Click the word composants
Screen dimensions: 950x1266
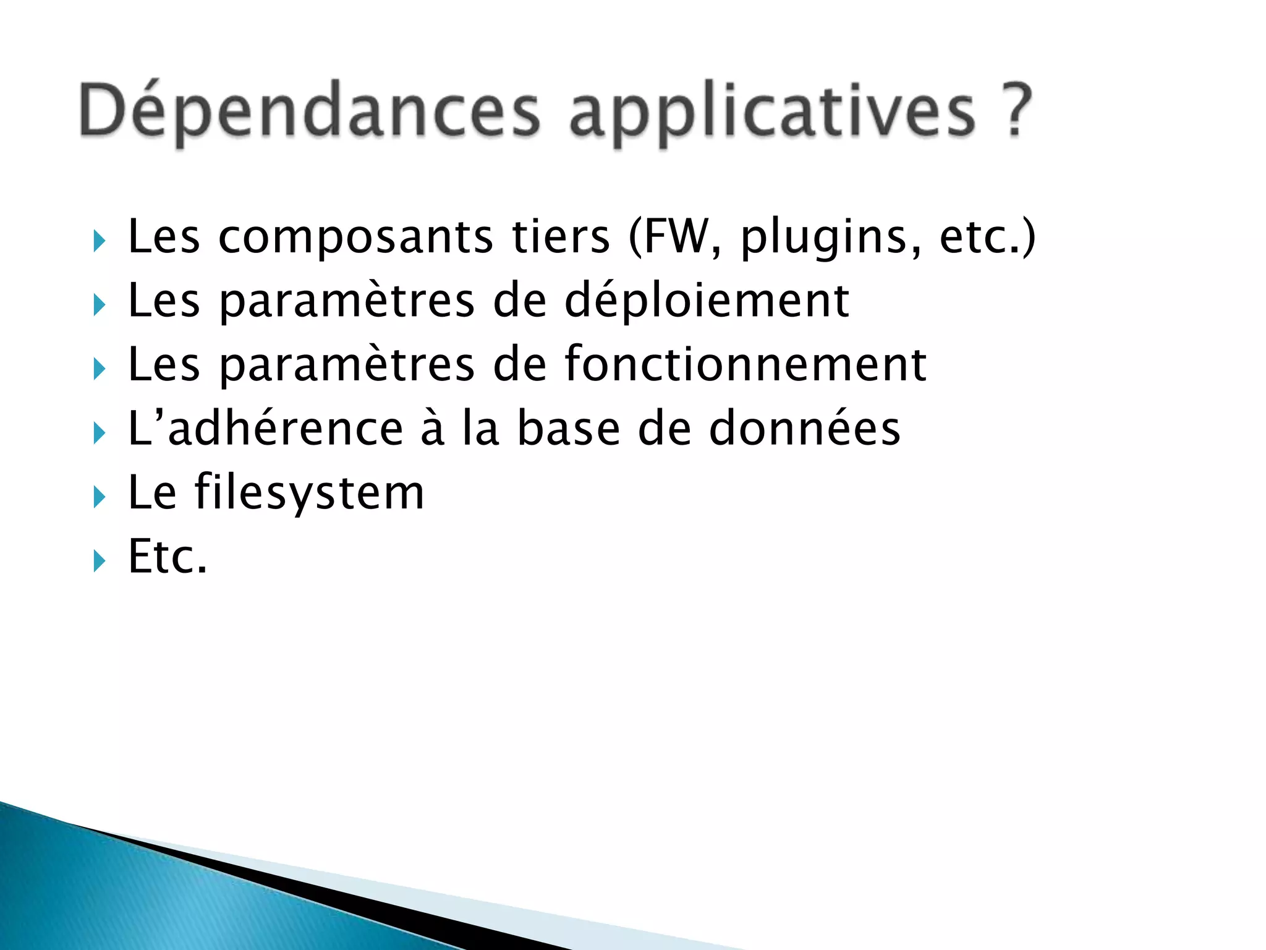point(355,237)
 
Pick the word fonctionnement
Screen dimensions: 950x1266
point(745,364)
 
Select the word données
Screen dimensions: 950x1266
point(804,428)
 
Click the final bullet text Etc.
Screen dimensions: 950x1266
point(167,557)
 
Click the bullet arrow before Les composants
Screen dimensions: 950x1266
point(99,241)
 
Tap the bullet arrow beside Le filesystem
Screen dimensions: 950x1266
point(99,497)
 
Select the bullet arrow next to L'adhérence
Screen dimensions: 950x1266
point(99,433)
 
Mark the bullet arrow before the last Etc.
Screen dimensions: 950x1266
point(99,561)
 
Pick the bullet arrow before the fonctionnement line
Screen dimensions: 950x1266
point(99,369)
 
